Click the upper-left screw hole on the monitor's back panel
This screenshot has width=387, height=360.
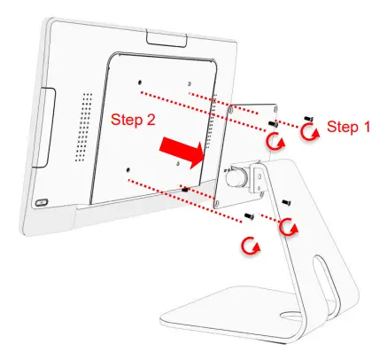(141, 86)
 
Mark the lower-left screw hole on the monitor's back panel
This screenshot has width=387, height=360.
(128, 168)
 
